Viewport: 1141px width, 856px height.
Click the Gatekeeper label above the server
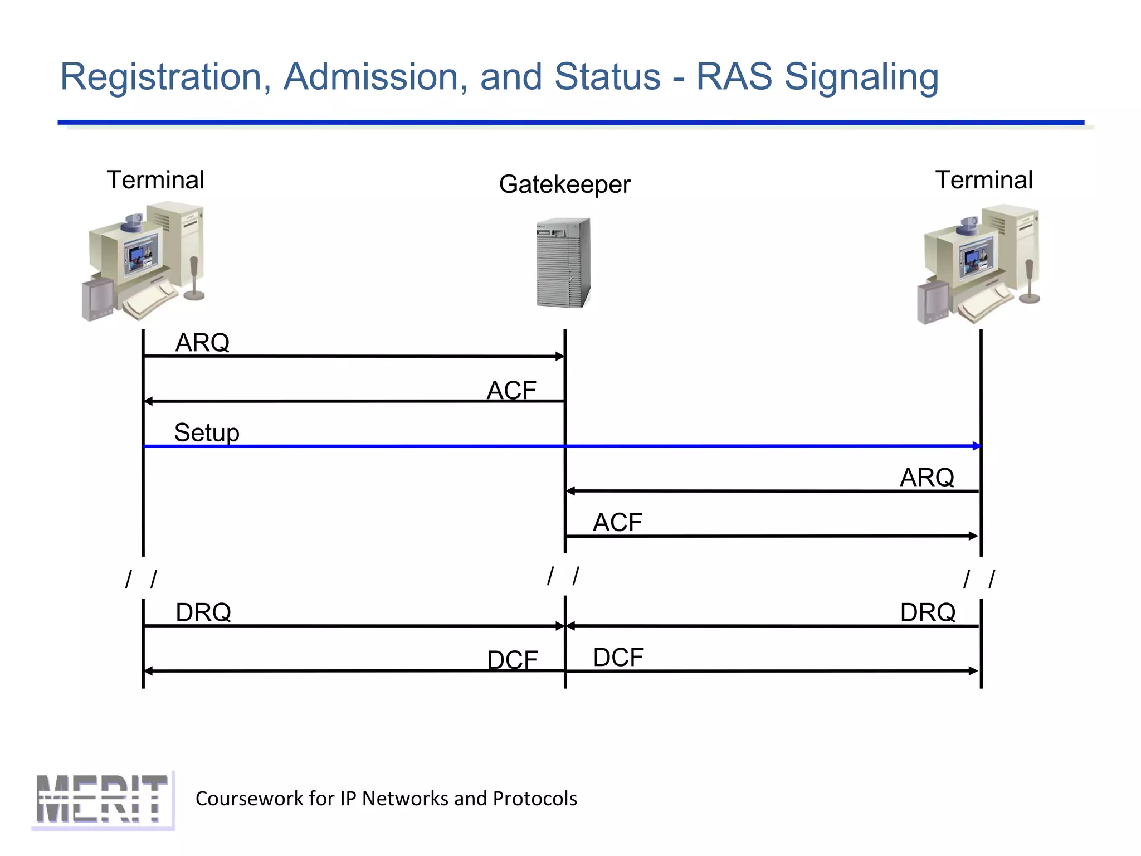click(564, 184)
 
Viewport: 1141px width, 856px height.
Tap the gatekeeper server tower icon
click(563, 262)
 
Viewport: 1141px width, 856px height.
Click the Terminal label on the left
click(155, 180)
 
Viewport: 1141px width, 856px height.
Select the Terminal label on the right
click(984, 180)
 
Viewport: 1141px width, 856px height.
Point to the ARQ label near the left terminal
click(202, 342)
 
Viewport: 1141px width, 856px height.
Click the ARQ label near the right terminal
click(927, 477)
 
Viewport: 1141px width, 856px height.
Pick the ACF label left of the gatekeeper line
click(511, 390)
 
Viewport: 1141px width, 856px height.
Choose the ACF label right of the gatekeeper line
click(617, 522)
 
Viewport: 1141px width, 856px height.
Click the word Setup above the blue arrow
click(207, 432)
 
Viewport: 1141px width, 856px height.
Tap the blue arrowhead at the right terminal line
click(977, 446)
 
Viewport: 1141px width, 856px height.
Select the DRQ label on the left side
click(203, 612)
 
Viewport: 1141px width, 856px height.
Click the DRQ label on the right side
click(928, 612)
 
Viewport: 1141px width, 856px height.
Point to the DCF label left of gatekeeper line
click(512, 660)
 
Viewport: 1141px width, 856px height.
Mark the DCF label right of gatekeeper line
click(618, 657)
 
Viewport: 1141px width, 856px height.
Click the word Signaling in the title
click(861, 77)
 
